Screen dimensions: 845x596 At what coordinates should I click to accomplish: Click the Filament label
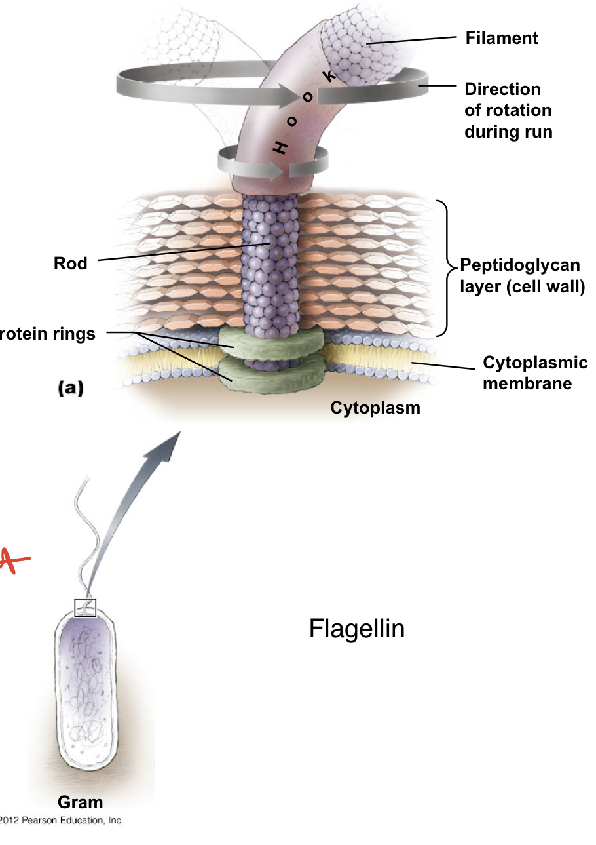coord(501,38)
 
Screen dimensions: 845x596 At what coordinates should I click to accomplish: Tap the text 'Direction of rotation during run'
coord(508,110)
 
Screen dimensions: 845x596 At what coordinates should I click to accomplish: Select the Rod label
coord(70,264)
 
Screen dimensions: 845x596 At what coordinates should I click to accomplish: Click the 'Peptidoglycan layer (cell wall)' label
coord(521,275)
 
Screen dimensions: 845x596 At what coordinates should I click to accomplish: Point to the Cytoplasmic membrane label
coord(534,372)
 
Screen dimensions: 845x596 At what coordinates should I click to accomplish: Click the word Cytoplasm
coord(375,408)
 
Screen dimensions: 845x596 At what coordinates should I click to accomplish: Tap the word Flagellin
coord(356,629)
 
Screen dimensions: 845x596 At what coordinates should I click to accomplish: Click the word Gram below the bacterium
coord(80,802)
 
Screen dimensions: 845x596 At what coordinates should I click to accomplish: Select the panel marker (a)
coord(70,388)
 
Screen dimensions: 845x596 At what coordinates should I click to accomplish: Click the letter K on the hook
coord(331,77)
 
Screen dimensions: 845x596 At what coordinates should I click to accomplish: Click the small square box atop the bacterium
coord(85,608)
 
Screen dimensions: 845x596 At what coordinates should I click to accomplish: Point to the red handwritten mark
coord(14,562)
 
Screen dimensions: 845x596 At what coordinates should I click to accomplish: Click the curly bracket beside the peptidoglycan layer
coord(448,267)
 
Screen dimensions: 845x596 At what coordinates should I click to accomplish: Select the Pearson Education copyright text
coord(62,820)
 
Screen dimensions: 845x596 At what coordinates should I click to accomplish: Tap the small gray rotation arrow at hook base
coord(259,163)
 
